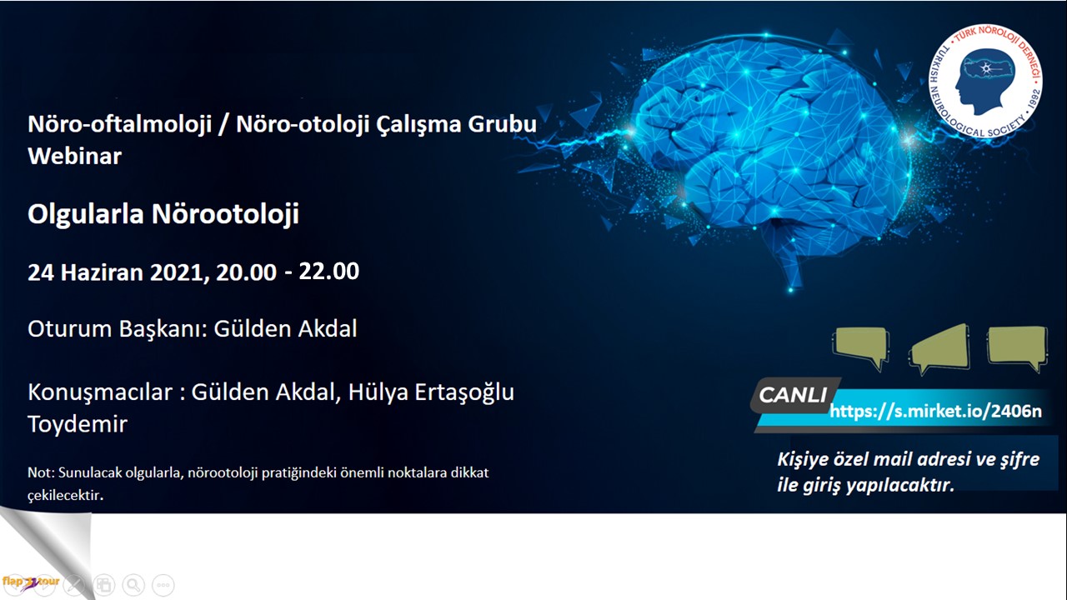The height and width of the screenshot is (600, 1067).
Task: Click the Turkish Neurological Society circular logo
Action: coord(985,82)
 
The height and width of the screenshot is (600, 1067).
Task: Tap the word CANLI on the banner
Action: coord(793,395)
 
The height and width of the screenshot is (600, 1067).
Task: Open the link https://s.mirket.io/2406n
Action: coord(935,411)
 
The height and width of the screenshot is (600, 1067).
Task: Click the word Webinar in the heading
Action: coord(75,156)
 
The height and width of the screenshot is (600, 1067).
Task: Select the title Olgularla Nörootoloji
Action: coord(163,213)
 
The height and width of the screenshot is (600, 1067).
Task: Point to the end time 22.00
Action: coord(328,271)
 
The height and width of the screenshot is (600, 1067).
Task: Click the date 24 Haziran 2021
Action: coord(118,272)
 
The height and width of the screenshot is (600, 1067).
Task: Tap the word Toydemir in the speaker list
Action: coord(78,424)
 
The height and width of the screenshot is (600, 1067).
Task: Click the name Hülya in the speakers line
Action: coord(376,392)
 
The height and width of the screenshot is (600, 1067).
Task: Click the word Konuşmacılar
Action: coord(100,392)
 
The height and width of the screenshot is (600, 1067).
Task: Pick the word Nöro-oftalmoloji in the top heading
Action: coord(119,124)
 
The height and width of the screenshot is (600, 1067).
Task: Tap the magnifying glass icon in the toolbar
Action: coord(133,585)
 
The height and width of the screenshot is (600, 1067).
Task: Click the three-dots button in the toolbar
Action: coord(163,585)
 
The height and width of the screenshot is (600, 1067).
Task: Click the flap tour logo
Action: coord(31,582)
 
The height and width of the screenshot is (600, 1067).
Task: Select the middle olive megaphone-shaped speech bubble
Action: coord(939,349)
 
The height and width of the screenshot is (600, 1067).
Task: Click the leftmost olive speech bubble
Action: coord(861,348)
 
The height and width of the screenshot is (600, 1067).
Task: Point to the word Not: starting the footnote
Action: coord(42,472)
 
